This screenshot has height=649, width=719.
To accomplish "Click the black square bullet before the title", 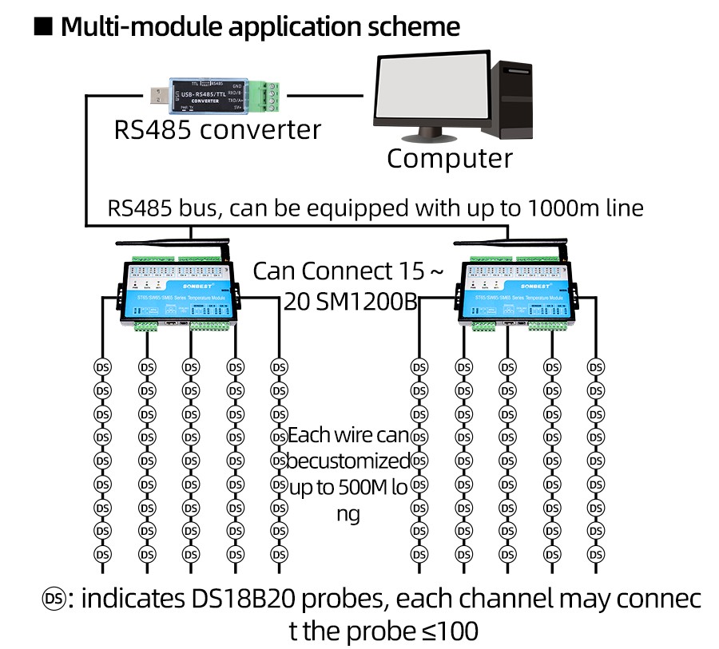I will click(x=43, y=26).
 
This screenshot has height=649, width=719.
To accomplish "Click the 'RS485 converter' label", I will click(x=217, y=129).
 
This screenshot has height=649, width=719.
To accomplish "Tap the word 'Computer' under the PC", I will click(x=449, y=158).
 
